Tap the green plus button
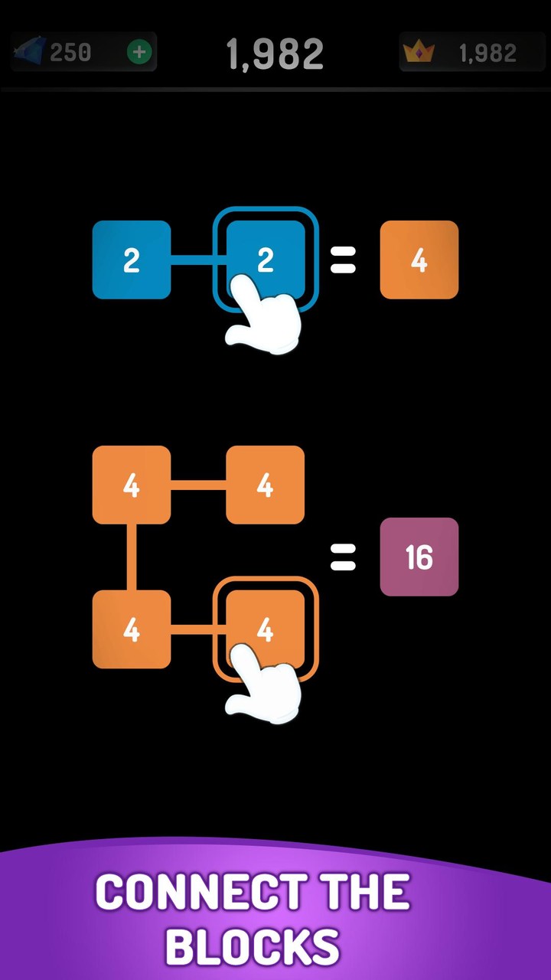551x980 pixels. (x=139, y=53)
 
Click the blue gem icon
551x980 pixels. (x=29, y=51)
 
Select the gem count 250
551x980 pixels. (x=70, y=53)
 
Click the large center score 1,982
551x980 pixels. (x=275, y=54)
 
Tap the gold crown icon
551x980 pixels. (x=419, y=52)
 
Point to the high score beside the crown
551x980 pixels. (x=487, y=53)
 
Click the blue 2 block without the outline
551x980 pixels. (x=132, y=260)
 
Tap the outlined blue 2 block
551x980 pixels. (x=266, y=260)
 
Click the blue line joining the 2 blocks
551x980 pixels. (x=198, y=260)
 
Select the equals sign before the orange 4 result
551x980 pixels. (x=343, y=260)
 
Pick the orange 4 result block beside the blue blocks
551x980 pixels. (x=419, y=260)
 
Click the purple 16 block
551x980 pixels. (x=419, y=557)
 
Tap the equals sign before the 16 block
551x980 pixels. (x=343, y=557)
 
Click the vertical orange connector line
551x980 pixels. (x=132, y=557)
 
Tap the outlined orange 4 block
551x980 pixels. (x=266, y=629)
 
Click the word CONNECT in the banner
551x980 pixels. (x=201, y=891)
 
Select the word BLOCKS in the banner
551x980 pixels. (x=253, y=946)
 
